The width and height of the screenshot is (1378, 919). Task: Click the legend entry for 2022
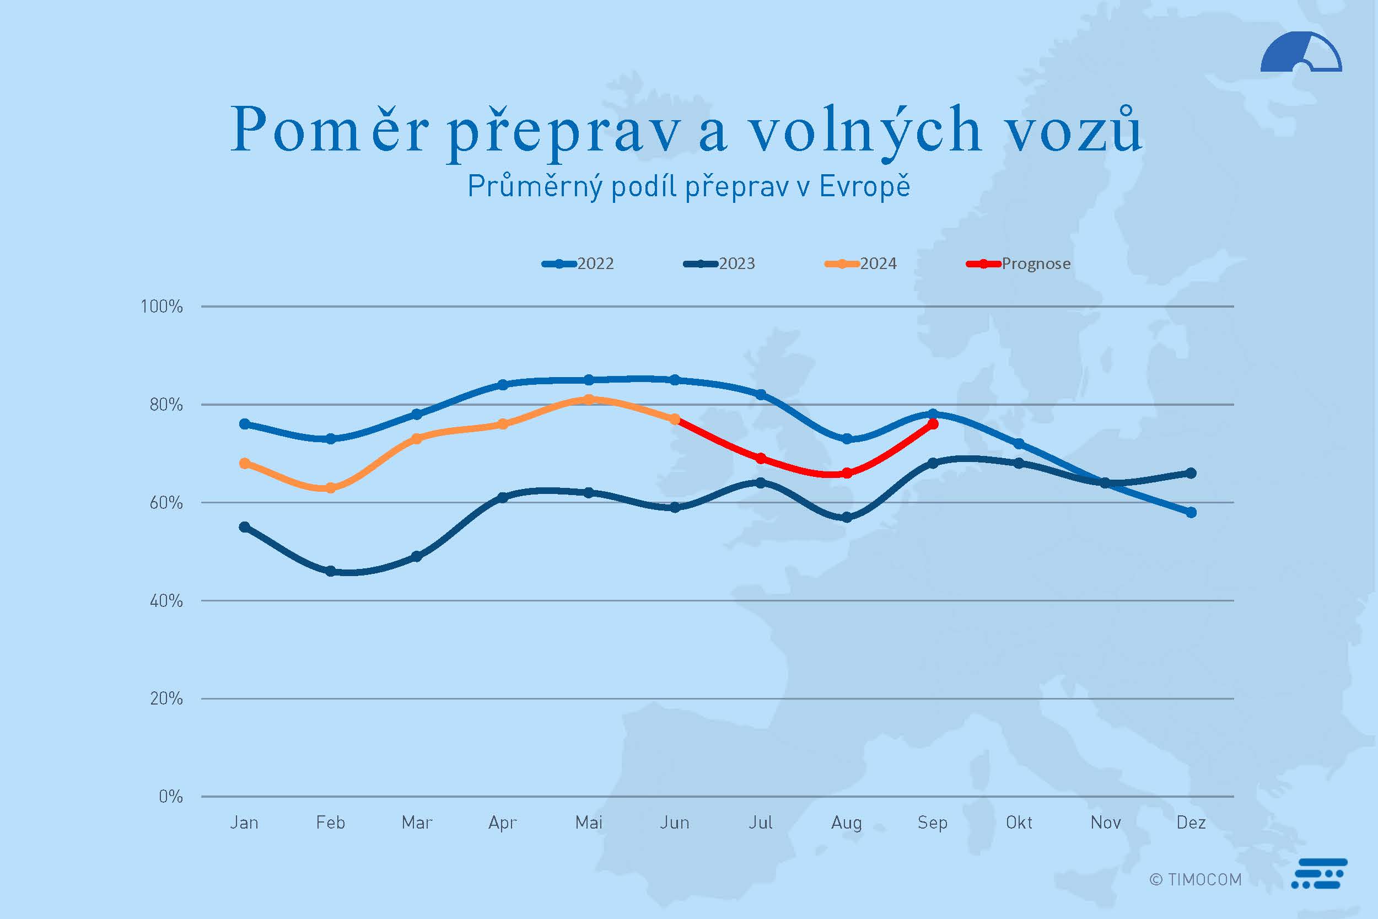(578, 264)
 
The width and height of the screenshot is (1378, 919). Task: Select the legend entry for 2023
(719, 264)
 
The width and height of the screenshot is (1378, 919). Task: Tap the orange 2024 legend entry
(860, 264)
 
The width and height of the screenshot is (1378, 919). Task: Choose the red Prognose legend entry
(1018, 264)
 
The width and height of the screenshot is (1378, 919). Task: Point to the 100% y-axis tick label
(162, 307)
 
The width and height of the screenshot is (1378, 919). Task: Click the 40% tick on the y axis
(166, 601)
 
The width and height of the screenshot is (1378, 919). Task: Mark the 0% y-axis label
(170, 797)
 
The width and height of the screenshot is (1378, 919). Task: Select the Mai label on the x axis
(589, 823)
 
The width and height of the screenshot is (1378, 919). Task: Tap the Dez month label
(1191, 823)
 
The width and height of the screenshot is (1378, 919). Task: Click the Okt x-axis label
(1019, 823)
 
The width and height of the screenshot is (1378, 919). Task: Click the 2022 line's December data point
(1191, 513)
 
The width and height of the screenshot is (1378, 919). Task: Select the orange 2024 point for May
(589, 400)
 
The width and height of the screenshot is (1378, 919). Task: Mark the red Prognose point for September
(933, 424)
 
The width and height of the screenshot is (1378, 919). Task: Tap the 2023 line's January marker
(245, 528)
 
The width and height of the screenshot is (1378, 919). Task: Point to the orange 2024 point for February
(330, 488)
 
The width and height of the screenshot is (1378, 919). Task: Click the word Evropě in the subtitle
(864, 186)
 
